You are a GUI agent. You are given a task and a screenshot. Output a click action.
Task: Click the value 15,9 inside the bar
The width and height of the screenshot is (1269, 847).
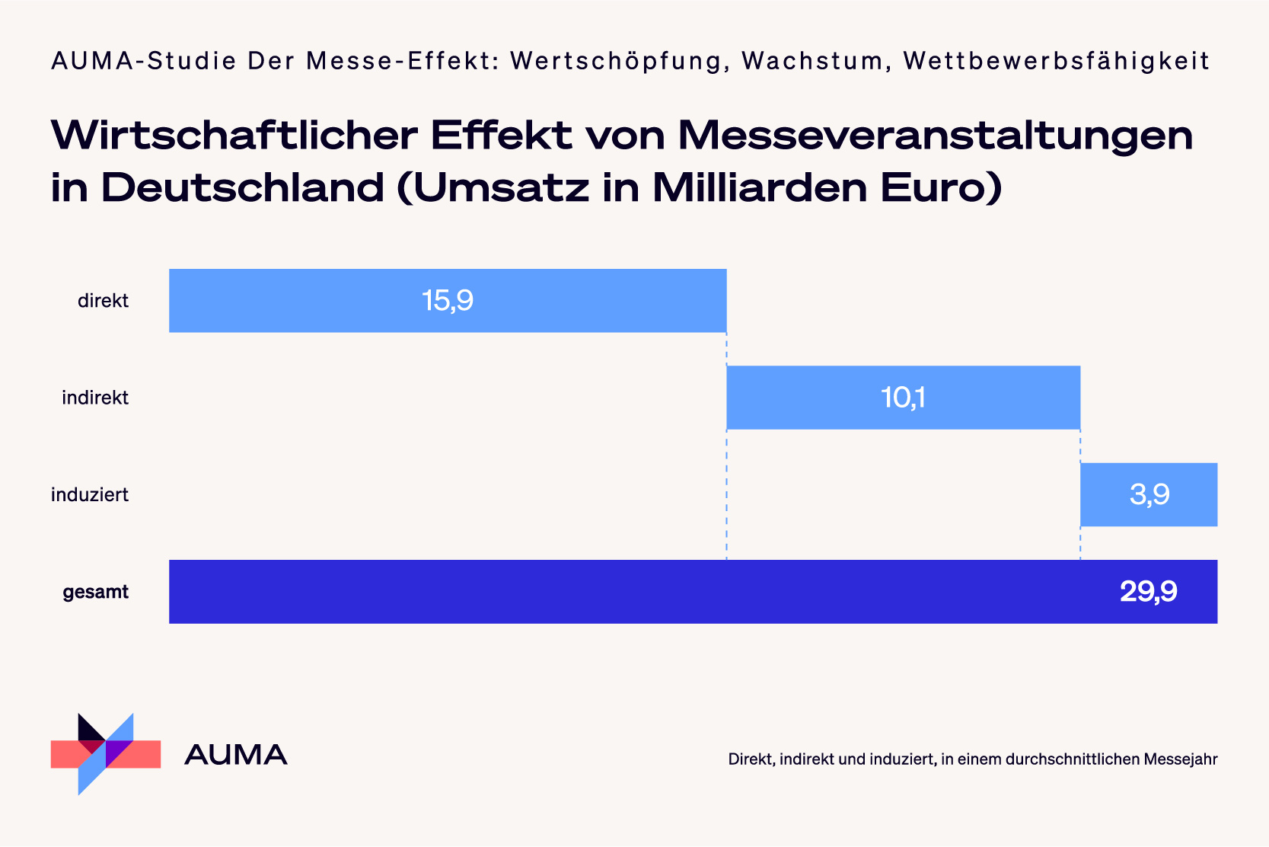[448, 301]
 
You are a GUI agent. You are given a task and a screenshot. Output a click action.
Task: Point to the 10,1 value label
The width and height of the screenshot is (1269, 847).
[903, 398]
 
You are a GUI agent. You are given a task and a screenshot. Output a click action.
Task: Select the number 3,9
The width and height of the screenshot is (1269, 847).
[1149, 495]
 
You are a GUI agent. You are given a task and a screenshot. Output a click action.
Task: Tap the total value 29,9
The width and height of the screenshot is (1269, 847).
[1148, 592]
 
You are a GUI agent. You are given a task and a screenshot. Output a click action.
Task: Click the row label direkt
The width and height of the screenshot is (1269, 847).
[103, 301]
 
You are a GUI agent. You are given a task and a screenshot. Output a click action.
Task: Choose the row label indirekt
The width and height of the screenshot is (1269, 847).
[95, 398]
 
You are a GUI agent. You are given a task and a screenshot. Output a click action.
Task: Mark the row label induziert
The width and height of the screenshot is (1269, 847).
[90, 495]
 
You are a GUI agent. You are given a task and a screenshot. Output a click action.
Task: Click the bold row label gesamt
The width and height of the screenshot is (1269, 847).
[95, 592]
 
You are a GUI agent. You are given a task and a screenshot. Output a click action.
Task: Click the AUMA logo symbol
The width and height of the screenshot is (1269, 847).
[105, 754]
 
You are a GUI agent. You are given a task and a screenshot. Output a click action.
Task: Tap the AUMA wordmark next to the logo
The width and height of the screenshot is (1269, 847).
[236, 755]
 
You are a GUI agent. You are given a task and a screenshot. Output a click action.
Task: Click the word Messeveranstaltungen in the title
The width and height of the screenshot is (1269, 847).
[935, 136]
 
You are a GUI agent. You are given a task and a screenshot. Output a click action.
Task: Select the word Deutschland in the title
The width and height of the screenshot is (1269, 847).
[242, 188]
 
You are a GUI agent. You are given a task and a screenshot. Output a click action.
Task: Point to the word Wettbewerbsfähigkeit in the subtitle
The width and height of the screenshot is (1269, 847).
[1057, 61]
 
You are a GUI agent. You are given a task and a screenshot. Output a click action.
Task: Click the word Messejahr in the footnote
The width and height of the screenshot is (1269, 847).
[1181, 759]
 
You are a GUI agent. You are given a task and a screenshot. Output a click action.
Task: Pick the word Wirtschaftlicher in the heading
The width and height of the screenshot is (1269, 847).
[234, 136]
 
